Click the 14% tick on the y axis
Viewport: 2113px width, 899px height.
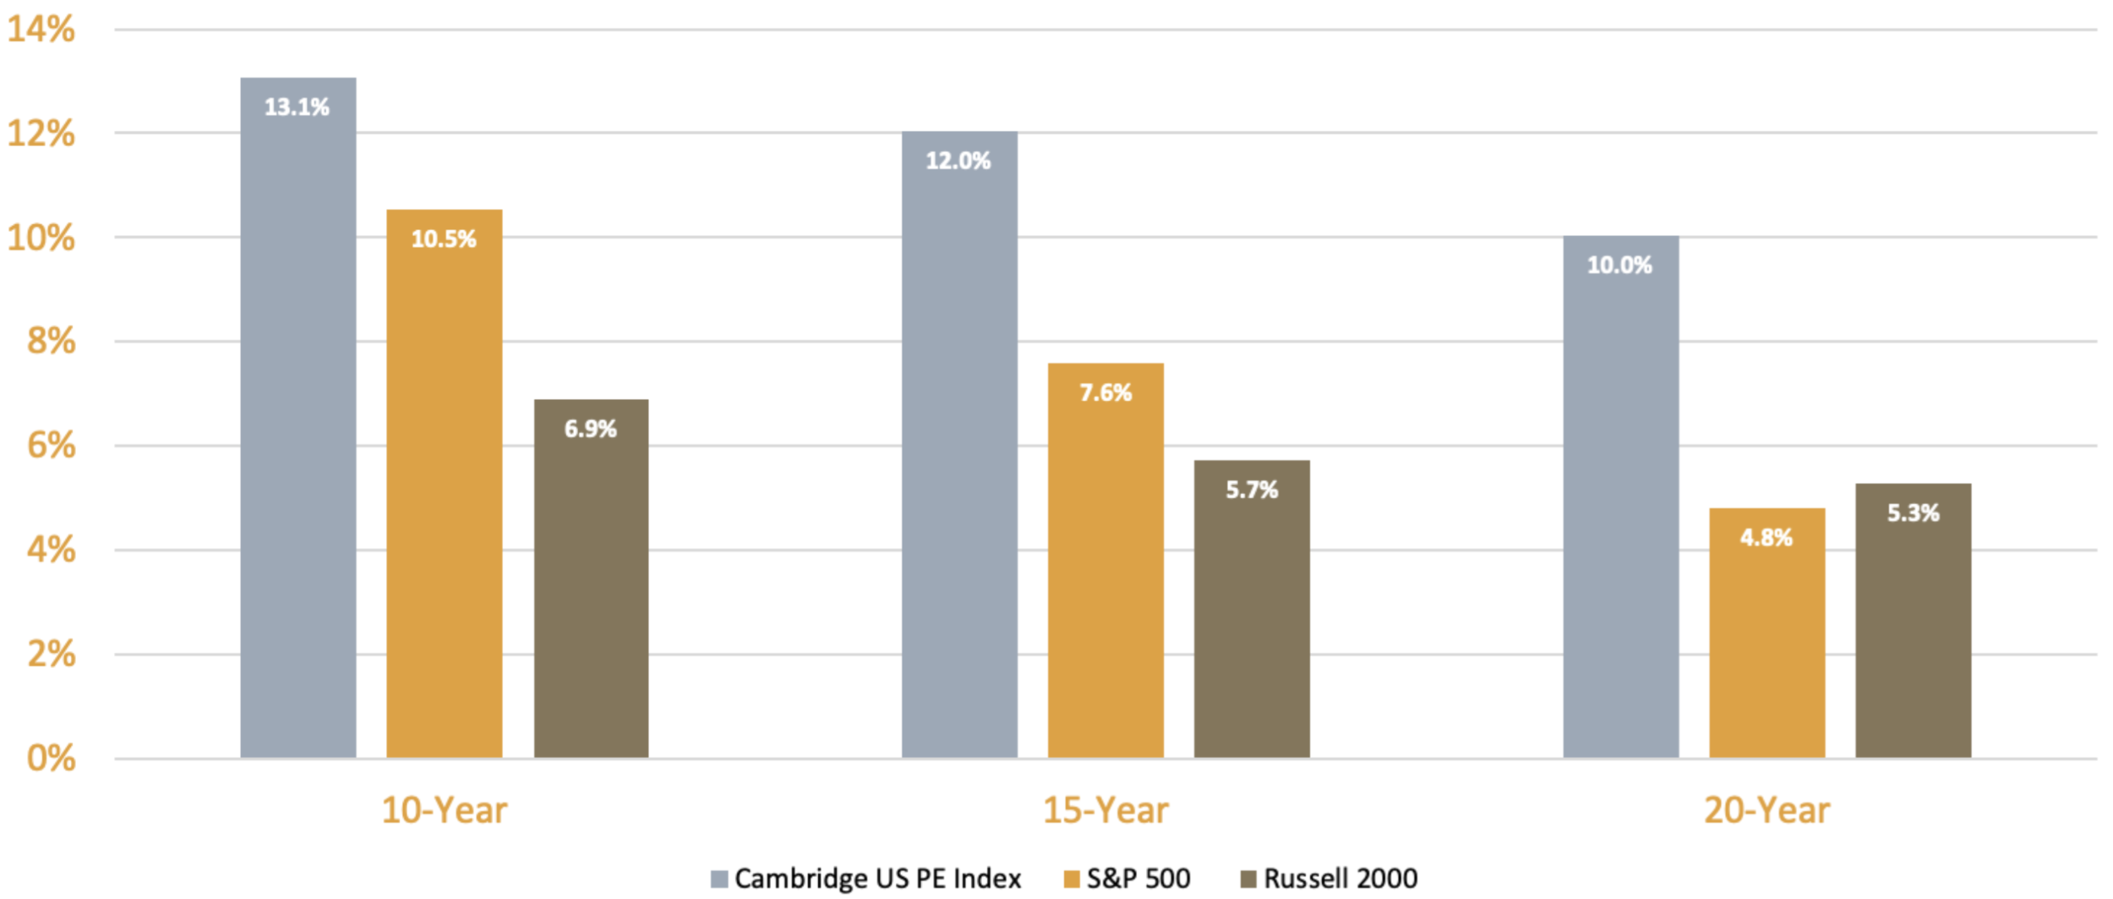(x=41, y=30)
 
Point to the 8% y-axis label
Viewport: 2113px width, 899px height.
(x=51, y=342)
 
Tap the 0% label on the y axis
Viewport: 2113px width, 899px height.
(x=51, y=759)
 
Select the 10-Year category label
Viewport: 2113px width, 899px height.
(x=444, y=810)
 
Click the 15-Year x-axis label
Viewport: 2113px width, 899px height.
(x=1106, y=810)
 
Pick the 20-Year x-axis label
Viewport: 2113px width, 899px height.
(x=1766, y=810)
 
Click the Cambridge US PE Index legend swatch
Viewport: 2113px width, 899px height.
(x=719, y=879)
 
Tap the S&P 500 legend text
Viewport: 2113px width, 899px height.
(x=1138, y=879)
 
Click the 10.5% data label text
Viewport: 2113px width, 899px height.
(x=444, y=239)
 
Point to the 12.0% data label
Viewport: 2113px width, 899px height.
(x=958, y=161)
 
